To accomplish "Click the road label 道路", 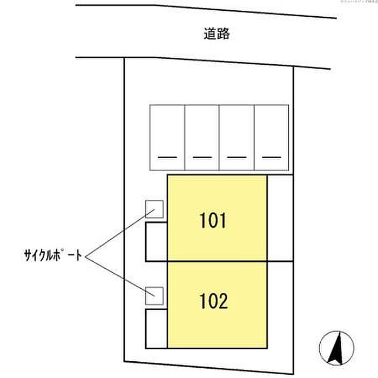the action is tap(217, 35).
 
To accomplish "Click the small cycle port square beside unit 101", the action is tap(155, 209).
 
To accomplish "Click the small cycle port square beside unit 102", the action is tap(155, 294).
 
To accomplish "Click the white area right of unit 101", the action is tap(280, 219).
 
